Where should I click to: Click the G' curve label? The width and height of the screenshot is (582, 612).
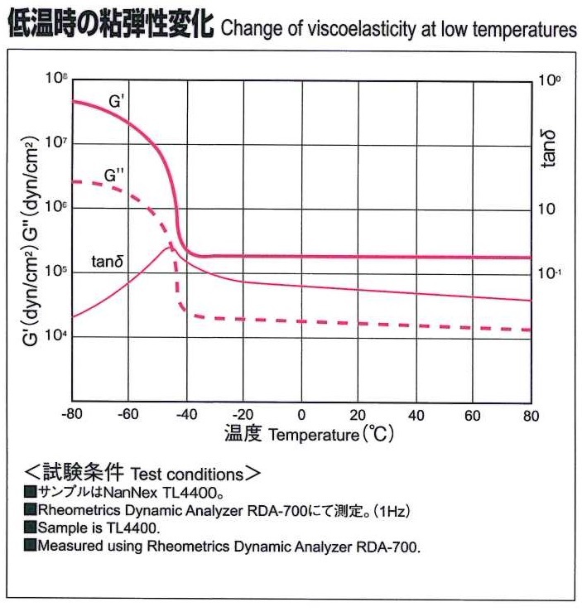tap(116, 102)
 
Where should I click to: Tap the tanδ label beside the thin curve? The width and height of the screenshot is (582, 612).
tap(108, 261)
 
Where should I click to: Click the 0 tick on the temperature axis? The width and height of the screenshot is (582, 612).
tap(301, 415)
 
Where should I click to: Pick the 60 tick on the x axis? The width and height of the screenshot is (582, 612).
tap(474, 415)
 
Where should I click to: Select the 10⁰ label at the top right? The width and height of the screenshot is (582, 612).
tap(549, 81)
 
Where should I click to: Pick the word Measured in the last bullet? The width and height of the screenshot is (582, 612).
tap(70, 546)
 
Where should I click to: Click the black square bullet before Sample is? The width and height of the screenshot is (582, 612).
tap(31, 528)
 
